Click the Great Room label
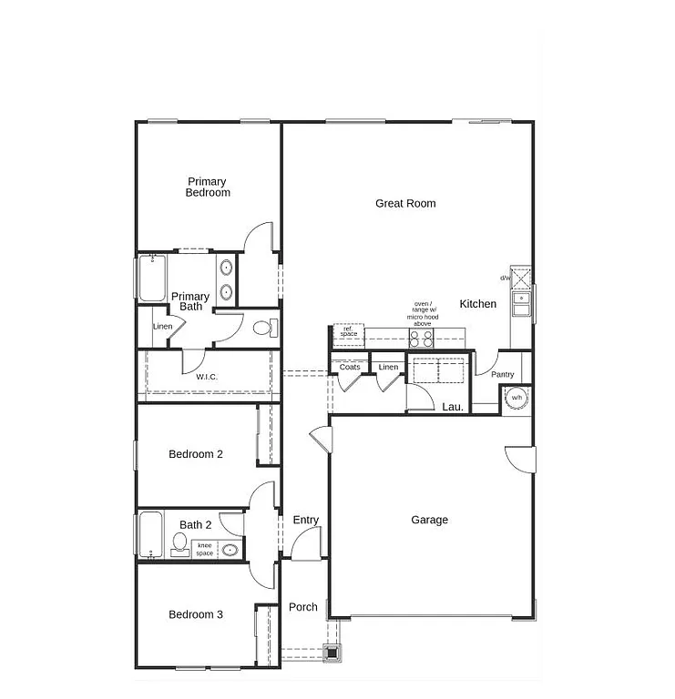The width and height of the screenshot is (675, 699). [405, 204]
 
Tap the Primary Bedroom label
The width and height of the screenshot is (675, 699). [208, 187]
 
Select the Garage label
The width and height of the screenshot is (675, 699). [429, 521]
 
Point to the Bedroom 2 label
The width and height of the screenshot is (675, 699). [196, 454]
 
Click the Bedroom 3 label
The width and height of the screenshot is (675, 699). [196, 615]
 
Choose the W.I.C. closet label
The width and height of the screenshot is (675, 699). [207, 377]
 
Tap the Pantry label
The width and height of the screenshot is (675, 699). [502, 375]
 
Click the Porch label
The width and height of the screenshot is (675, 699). [303, 607]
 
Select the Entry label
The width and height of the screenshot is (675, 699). [306, 521]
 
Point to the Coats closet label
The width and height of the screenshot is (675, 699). [350, 368]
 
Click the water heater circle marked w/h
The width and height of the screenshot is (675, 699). [516, 398]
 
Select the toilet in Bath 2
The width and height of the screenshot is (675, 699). [179, 546]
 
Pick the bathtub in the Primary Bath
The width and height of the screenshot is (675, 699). [151, 278]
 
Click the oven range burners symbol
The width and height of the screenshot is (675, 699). [421, 338]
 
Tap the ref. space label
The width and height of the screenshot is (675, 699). [348, 331]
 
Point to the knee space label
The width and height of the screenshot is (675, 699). [205, 550]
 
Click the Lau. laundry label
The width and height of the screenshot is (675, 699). [453, 407]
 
